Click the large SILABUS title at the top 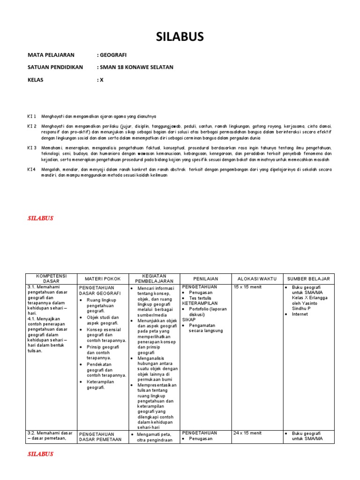(180, 37)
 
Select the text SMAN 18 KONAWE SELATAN (136, 67)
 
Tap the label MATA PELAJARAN (54, 55)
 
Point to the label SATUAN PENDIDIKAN (55, 67)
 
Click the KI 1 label (32, 116)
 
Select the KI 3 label (32, 148)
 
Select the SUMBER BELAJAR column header (309, 279)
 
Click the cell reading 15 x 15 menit (247, 287)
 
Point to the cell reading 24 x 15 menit (247, 433)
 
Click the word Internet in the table (300, 315)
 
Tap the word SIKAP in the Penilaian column (189, 319)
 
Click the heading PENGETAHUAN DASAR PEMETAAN (100, 436)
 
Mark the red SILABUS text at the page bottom (41, 454)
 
